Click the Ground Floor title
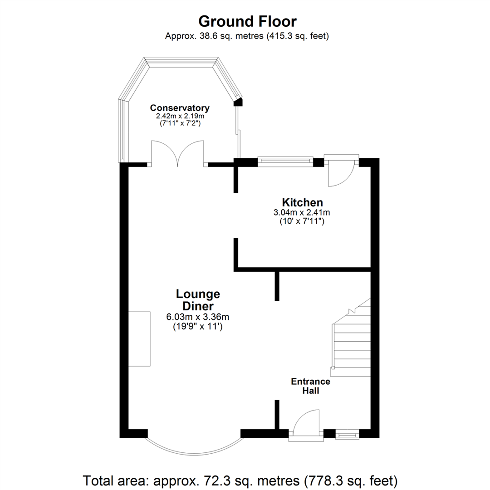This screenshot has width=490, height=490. [247, 21]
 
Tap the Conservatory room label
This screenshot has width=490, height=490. [180, 108]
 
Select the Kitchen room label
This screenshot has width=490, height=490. [302, 202]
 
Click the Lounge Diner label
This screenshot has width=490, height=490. [198, 300]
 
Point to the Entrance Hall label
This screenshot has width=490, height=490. [310, 386]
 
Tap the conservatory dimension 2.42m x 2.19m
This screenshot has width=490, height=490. [180, 116]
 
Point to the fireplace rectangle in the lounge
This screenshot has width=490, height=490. [139, 338]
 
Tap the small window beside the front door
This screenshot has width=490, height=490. [347, 436]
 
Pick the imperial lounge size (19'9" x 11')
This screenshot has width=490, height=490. [198, 325]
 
